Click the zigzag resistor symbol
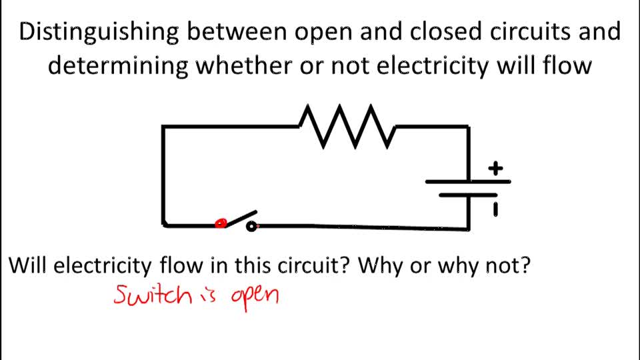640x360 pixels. click(347, 126)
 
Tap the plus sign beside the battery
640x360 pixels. click(495, 168)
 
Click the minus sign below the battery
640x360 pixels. click(495, 211)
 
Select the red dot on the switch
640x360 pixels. click(221, 224)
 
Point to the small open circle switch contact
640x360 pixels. click(251, 227)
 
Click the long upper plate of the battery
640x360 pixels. click(468, 181)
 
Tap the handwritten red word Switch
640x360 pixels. click(153, 294)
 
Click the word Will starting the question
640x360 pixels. click(27, 265)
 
